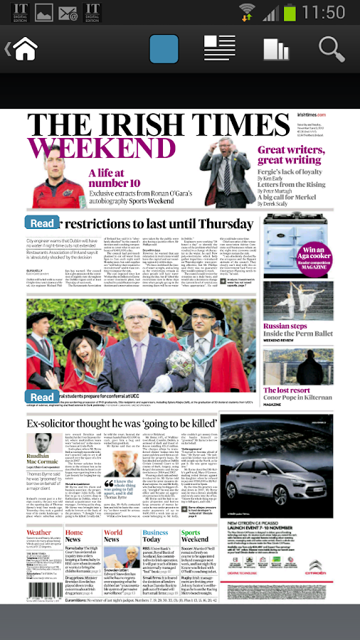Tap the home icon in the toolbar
coord(24,49)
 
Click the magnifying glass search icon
coord(332,49)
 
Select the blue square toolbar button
coord(164,49)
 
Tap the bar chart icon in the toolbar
coord(276,49)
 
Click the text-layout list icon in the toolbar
coord(219,49)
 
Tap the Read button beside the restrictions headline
coord(41,223)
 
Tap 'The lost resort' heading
coord(287,390)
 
